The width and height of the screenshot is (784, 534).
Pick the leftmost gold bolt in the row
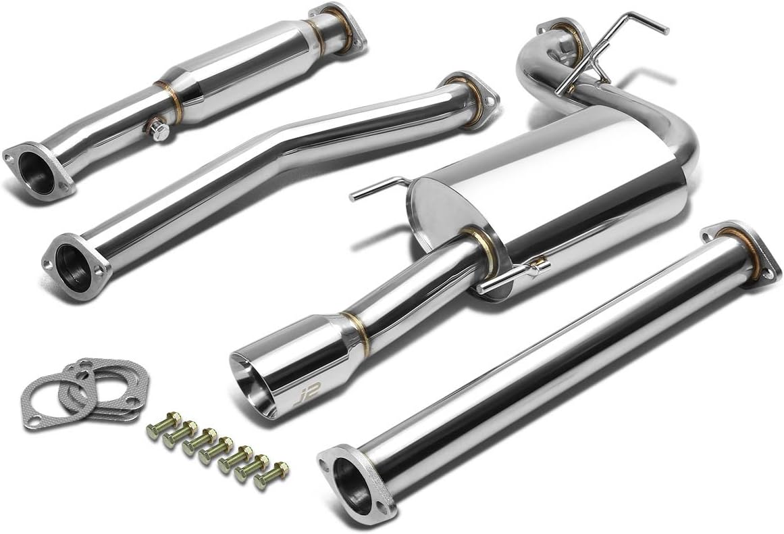click(163, 425)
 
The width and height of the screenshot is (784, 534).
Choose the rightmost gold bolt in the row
click(271, 475)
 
